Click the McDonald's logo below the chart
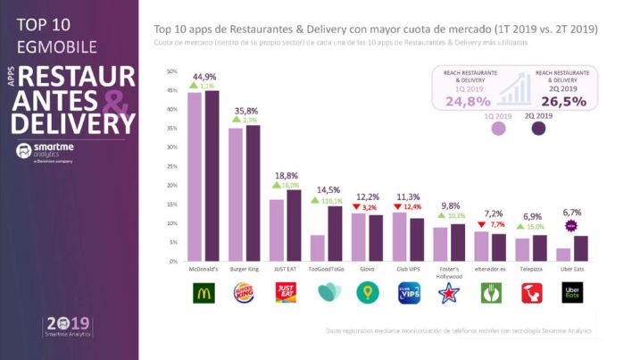pyautogui.click(x=204, y=292)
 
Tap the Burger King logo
pyautogui.click(x=244, y=292)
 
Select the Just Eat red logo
pyautogui.click(x=285, y=292)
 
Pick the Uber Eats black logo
pyautogui.click(x=571, y=292)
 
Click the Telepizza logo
pyautogui.click(x=531, y=292)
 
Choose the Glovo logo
pyautogui.click(x=367, y=292)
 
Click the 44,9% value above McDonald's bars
pyautogui.click(x=204, y=77)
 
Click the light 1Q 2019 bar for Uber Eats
pyautogui.click(x=563, y=255)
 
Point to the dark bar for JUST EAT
pyautogui.click(x=294, y=225)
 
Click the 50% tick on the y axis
pyautogui.click(x=172, y=71)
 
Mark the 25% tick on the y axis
pyautogui.click(x=172, y=166)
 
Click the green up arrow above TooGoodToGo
pyautogui.click(x=314, y=201)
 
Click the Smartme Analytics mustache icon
pyautogui.click(x=24, y=152)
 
